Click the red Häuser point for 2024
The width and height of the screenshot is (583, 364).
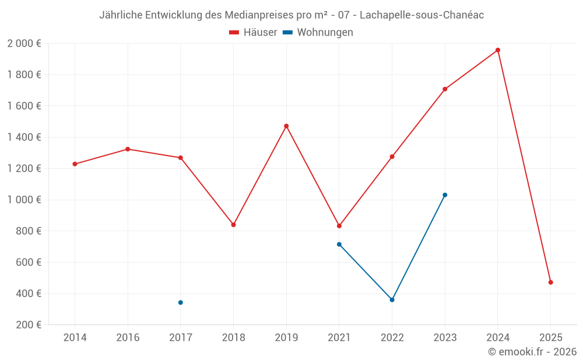tap(497, 50)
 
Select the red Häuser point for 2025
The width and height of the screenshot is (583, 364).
tap(550, 282)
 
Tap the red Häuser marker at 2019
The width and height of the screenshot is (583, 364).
tap(286, 126)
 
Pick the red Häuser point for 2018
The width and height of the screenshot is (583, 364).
tap(233, 225)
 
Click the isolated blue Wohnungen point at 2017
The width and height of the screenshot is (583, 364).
tap(181, 302)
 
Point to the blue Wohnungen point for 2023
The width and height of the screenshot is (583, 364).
tap(445, 195)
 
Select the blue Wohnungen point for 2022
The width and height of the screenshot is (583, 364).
tap(392, 300)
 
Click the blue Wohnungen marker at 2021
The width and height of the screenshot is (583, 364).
tap(339, 245)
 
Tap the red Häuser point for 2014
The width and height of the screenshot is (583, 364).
tap(75, 164)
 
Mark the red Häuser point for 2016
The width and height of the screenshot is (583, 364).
tap(128, 149)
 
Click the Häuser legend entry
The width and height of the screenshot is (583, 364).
tap(253, 33)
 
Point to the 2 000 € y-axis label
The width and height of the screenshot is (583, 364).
tap(24, 44)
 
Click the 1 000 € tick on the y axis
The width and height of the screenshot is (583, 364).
tap(24, 200)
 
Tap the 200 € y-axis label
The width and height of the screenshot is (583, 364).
tap(27, 325)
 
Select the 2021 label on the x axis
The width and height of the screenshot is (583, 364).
tap(339, 337)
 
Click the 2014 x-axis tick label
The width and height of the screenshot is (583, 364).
tap(75, 337)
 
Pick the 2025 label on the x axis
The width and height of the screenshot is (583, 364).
tap(550, 337)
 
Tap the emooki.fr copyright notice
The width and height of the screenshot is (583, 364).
tap(532, 352)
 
